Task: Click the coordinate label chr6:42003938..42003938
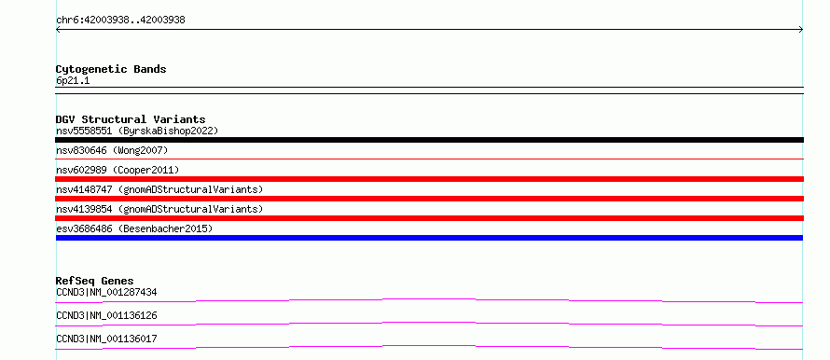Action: point(120,21)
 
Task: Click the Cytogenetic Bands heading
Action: point(111,69)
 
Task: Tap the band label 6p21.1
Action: point(73,80)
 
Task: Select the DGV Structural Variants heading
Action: point(131,119)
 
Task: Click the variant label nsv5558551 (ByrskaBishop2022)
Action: point(137,131)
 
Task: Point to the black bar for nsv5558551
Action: point(429,140)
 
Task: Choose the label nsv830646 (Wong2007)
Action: point(112,150)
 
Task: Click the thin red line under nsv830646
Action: point(429,159)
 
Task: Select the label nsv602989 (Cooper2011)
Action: point(118,170)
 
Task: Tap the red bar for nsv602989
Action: point(429,179)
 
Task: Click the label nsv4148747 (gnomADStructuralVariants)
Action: point(159,189)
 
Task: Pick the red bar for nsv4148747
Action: point(429,199)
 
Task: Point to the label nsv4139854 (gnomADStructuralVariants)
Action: point(159,209)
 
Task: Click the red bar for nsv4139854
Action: point(429,218)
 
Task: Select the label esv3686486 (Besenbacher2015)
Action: point(134,228)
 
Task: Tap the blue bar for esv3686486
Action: point(429,238)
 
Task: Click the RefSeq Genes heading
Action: point(95,281)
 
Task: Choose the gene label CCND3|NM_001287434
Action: point(106,292)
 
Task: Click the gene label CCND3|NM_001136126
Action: point(106,315)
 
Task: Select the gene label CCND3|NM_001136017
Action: point(106,339)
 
